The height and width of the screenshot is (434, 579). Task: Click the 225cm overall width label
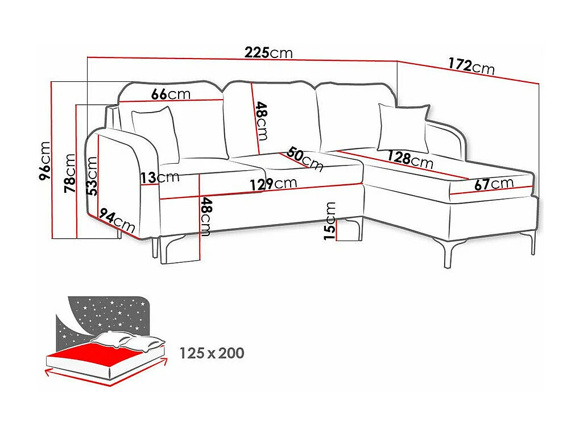tap(268, 53)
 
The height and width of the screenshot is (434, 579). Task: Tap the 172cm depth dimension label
tap(471, 66)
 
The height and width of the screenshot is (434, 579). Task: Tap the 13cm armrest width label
tap(160, 177)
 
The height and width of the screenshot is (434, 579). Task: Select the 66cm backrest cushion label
tap(171, 94)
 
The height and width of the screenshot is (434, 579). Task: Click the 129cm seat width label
tap(273, 183)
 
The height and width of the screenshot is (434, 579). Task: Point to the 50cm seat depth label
tap(304, 159)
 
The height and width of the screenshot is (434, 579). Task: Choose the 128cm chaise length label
tap(410, 159)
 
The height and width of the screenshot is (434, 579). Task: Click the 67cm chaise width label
tap(494, 184)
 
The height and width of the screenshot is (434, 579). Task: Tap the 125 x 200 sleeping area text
tap(212, 353)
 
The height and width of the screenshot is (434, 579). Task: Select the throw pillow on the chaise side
tap(403, 127)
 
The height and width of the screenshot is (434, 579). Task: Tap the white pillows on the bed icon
tap(128, 341)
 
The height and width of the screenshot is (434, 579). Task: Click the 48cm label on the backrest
tap(262, 121)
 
